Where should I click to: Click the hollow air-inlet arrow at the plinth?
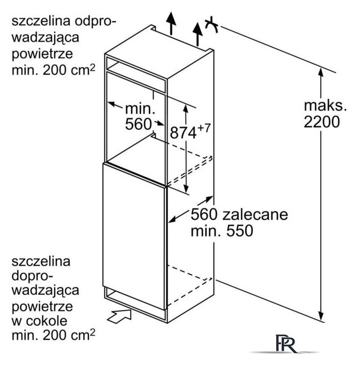pyautogui.click(x=120, y=316)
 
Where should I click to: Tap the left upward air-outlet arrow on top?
pyautogui.click(x=171, y=23)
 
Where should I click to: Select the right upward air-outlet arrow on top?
pyautogui.click(x=197, y=34)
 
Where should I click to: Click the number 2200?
pyautogui.click(x=322, y=121)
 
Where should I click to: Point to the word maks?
pyautogui.click(x=325, y=106)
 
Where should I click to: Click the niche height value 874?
pyautogui.click(x=183, y=133)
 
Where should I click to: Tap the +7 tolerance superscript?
pyautogui.click(x=204, y=128)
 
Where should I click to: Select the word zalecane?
pyautogui.click(x=255, y=214)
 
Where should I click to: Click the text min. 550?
pyautogui.click(x=222, y=230)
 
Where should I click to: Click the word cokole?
pyautogui.click(x=47, y=321)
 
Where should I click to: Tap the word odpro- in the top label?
pyautogui.click(x=95, y=22)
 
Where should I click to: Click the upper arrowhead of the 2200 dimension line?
pyautogui.click(x=321, y=72)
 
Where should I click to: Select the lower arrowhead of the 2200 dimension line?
pyautogui.click(x=321, y=315)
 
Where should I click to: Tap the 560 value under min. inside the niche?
pyautogui.click(x=138, y=124)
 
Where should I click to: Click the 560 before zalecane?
pyautogui.click(x=204, y=214)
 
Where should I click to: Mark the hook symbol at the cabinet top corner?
pyautogui.click(x=212, y=25)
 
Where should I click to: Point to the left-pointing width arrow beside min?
pyautogui.click(x=115, y=105)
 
